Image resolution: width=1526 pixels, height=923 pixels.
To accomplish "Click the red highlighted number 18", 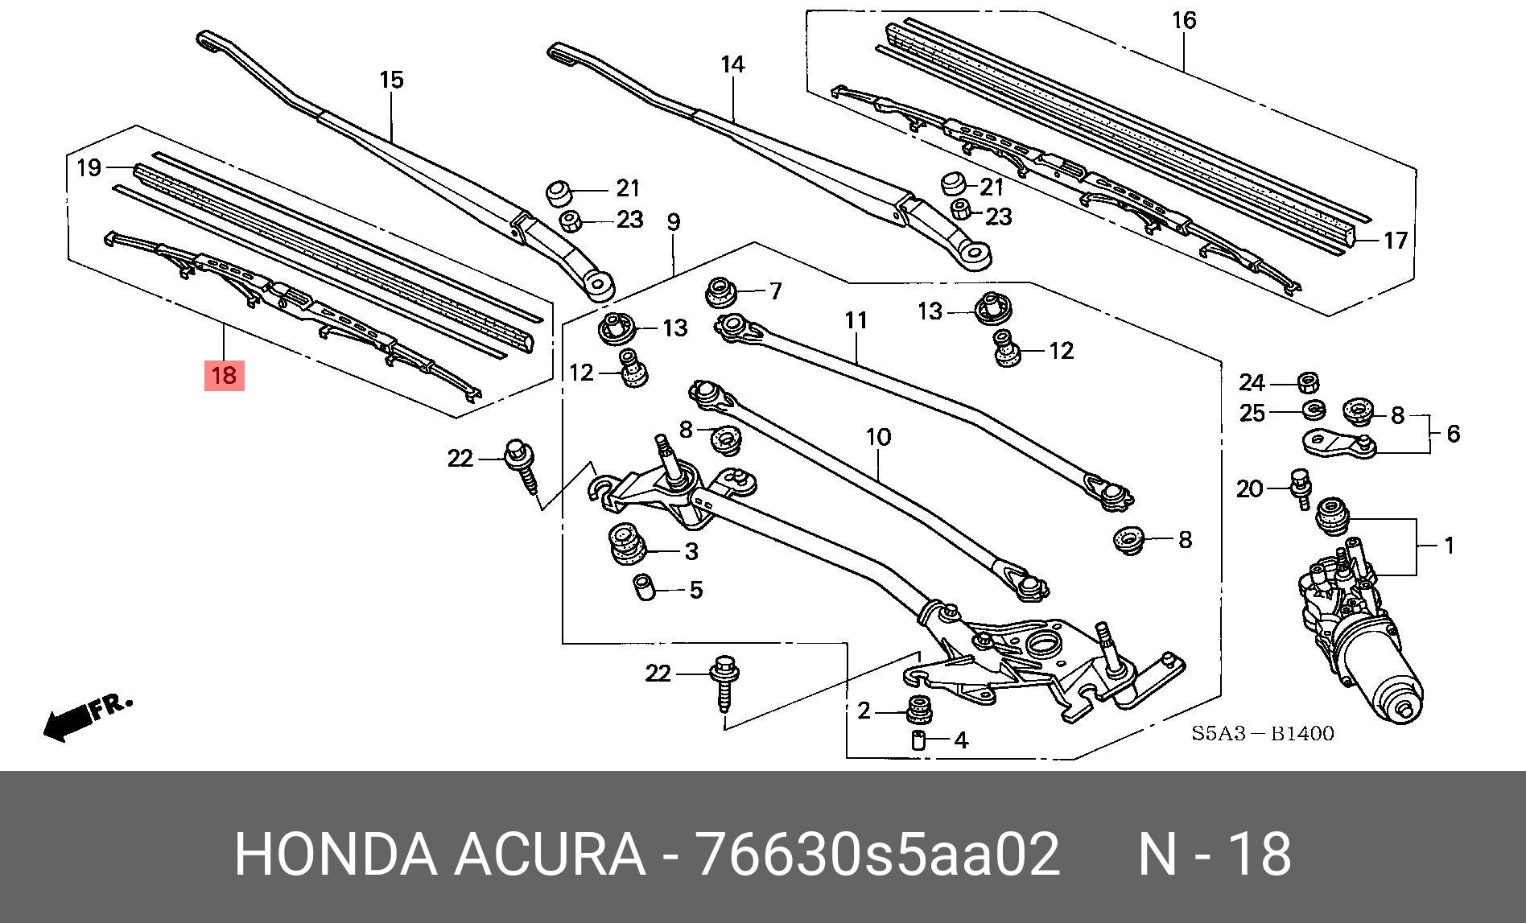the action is click(x=224, y=375).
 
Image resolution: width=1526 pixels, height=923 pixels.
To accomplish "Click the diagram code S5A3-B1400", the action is click(x=1263, y=734).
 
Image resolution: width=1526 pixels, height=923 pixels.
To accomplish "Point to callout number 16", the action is click(x=1184, y=19).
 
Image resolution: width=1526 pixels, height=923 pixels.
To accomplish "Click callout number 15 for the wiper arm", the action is click(x=391, y=80).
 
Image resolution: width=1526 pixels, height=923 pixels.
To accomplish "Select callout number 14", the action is click(x=732, y=64).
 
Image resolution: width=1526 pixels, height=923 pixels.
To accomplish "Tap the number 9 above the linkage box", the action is click(x=674, y=222).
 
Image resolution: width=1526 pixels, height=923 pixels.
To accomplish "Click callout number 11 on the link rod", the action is click(x=856, y=320).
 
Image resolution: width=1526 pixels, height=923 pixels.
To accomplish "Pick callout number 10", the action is click(x=879, y=437).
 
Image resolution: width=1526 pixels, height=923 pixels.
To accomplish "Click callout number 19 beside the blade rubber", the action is click(x=89, y=167).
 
